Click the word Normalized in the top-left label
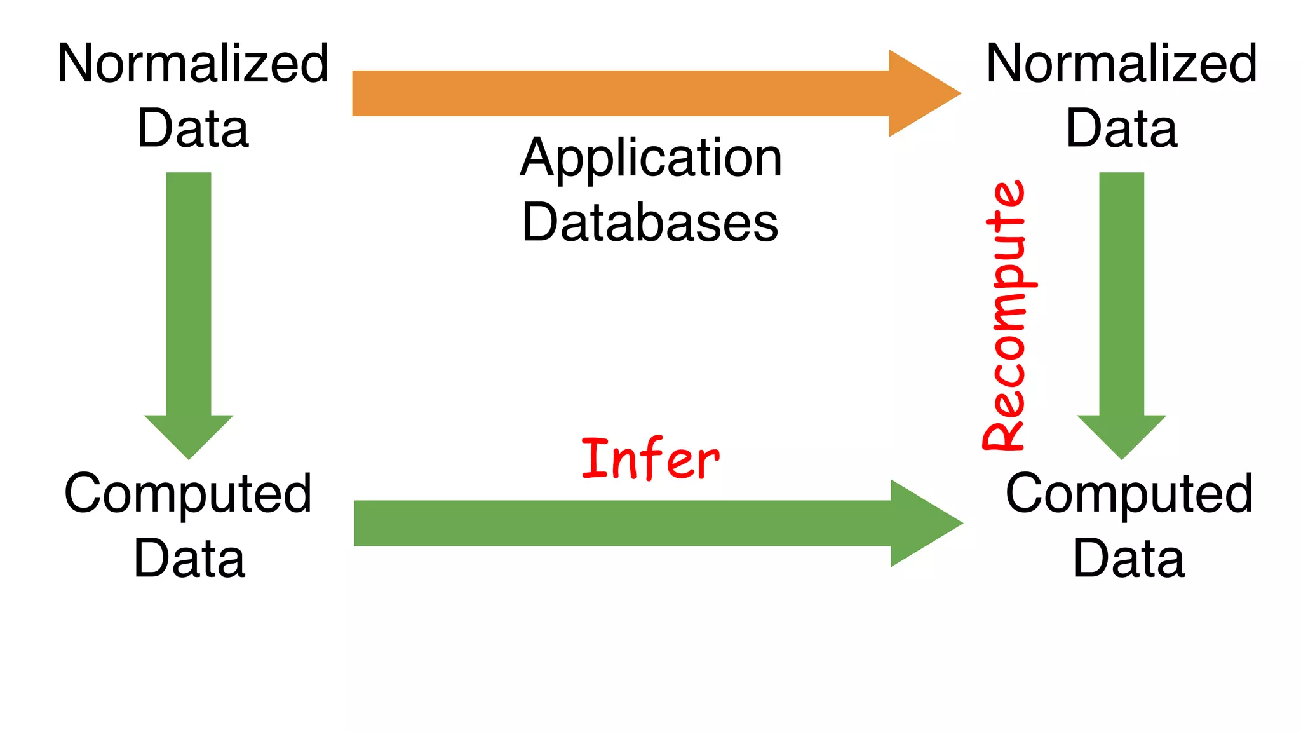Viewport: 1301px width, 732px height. (x=192, y=64)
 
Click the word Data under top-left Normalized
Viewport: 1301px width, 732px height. (x=192, y=128)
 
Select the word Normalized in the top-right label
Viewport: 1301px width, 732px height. (x=1121, y=64)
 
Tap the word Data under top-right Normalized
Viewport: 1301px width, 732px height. (x=1121, y=128)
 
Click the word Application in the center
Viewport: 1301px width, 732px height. (x=650, y=159)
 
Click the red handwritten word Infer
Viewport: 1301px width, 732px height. (x=650, y=459)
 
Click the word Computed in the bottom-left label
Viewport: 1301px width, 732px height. (x=188, y=494)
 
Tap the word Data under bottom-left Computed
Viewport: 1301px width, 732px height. (x=189, y=559)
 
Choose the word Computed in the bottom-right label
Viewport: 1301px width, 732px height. (x=1129, y=494)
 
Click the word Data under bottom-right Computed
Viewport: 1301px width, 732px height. (x=1129, y=559)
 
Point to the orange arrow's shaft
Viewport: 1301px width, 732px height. (x=619, y=93)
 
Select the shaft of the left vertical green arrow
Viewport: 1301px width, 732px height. (x=189, y=292)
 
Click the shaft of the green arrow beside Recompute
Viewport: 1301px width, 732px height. (x=1121, y=292)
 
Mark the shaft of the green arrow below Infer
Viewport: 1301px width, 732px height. (x=621, y=523)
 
